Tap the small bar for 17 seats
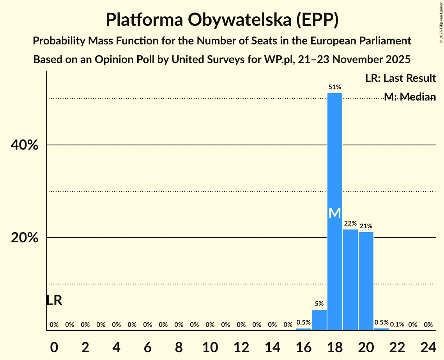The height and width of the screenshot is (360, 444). click(319, 320)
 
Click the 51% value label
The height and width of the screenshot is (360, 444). click(335, 87)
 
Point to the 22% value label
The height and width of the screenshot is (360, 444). click(350, 224)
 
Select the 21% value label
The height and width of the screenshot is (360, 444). click(366, 226)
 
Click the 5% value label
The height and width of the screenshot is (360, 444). click(319, 304)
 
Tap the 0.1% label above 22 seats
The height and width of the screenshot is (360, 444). click(397, 325)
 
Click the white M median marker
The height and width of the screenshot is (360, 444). click(335, 213)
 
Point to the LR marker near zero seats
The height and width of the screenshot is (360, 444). click(54, 300)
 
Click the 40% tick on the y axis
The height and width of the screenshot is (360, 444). click(24, 145)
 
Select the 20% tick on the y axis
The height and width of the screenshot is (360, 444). click(24, 238)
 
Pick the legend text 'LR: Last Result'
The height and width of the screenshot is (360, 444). click(400, 78)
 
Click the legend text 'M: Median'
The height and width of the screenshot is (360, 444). click(410, 97)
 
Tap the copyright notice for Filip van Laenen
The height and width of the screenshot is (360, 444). click(441, 22)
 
